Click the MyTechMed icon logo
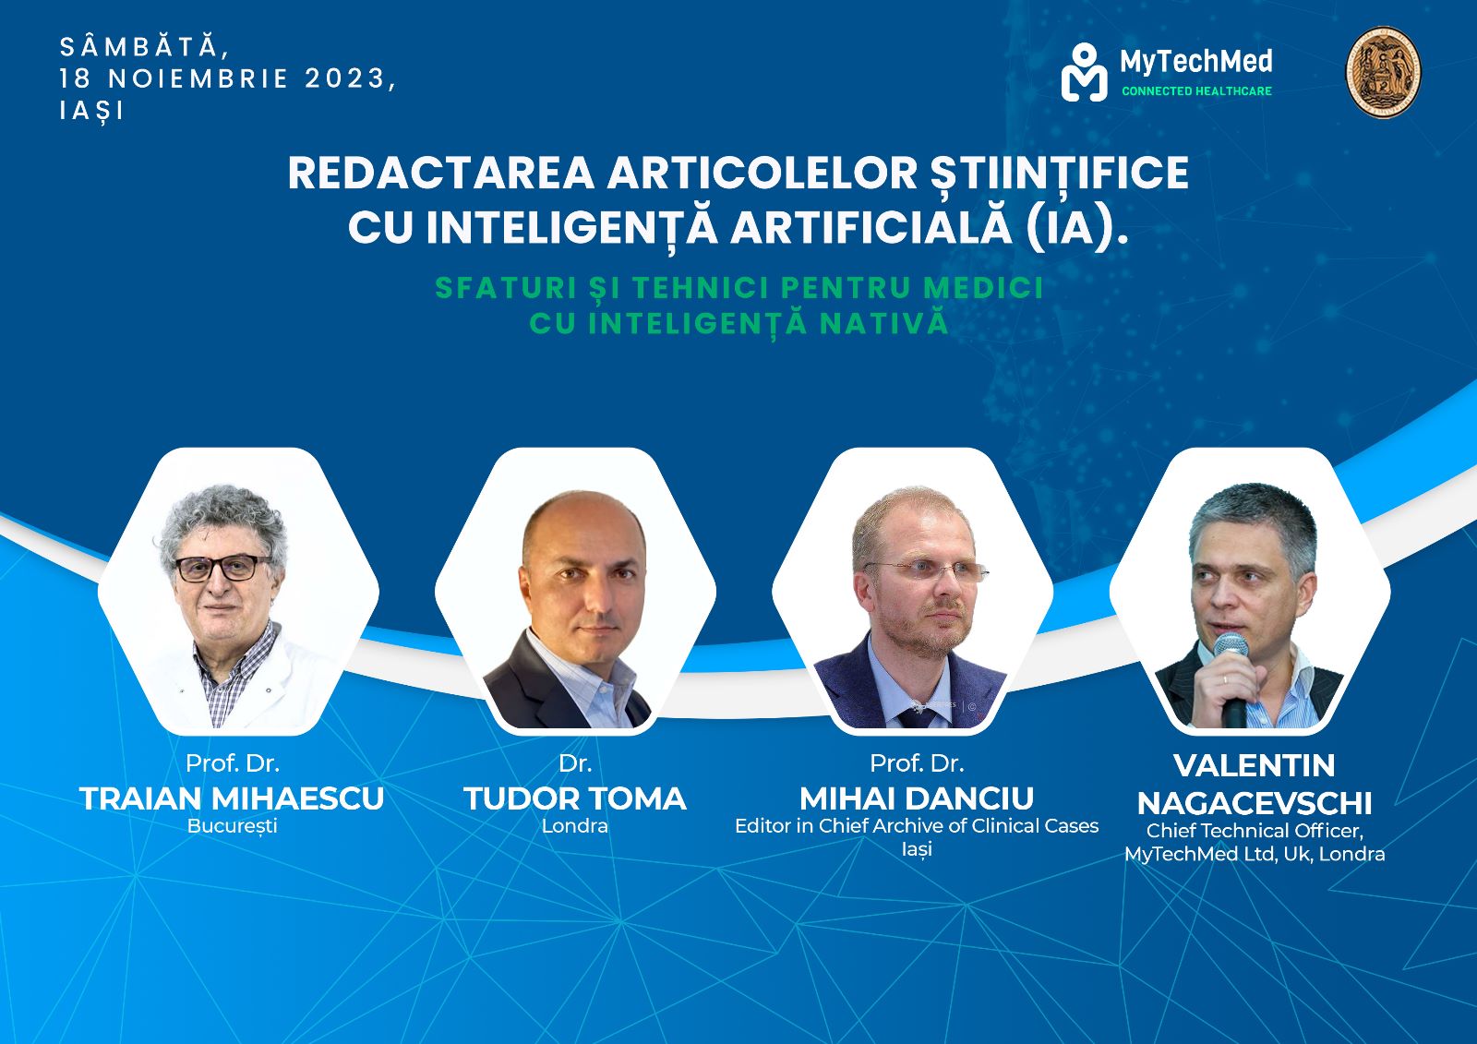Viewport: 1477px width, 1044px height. [1084, 73]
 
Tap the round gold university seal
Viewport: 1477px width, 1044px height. [1383, 72]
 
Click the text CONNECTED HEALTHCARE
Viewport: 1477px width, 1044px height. [1196, 91]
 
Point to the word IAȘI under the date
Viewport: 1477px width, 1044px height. [91, 110]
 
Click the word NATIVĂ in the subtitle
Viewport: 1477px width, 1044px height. [884, 323]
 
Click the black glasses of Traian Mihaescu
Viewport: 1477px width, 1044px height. [222, 567]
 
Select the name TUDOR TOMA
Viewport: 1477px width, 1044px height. [575, 798]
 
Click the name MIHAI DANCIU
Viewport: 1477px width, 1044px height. [917, 798]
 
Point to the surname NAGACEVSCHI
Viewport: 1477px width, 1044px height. [1255, 803]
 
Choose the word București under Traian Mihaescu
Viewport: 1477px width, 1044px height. [232, 826]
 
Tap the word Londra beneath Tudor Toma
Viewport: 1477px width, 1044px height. [575, 826]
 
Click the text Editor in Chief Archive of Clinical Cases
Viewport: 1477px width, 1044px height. [917, 826]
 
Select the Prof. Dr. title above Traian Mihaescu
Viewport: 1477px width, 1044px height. [232, 763]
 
